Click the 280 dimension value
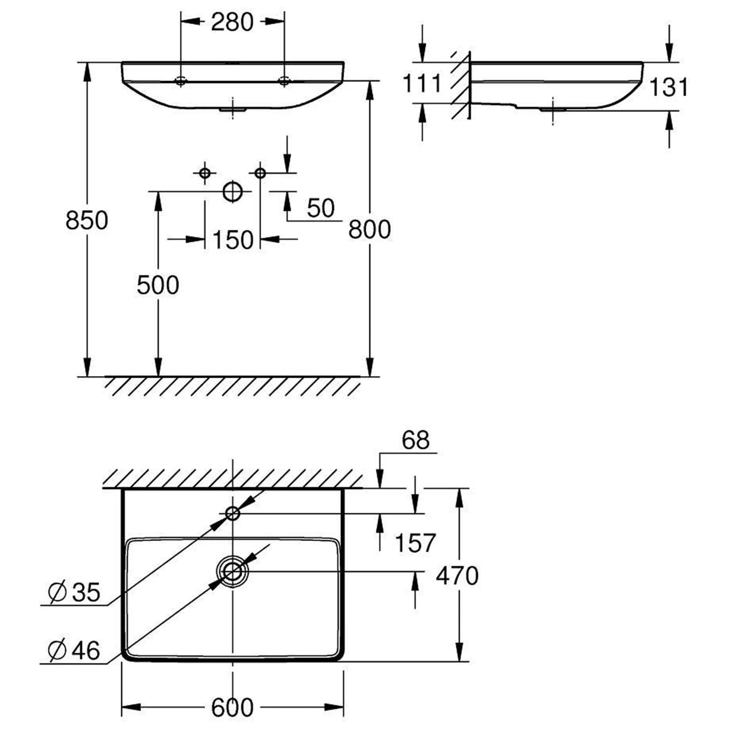click(232, 22)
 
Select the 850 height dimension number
click(87, 221)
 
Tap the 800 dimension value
click(369, 229)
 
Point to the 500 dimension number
click(157, 285)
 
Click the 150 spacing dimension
click(233, 240)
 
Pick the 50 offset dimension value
click(321, 208)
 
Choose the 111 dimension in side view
click(422, 84)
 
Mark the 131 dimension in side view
click(669, 87)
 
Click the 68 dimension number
click(416, 441)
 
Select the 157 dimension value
click(415, 543)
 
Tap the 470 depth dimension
click(457, 576)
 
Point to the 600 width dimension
click(232, 708)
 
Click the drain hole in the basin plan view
click(233, 572)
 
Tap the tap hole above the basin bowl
click(233, 513)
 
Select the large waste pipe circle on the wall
click(233, 191)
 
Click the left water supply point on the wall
click(205, 173)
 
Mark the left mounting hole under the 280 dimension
click(181, 81)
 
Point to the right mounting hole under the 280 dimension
click(284, 81)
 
